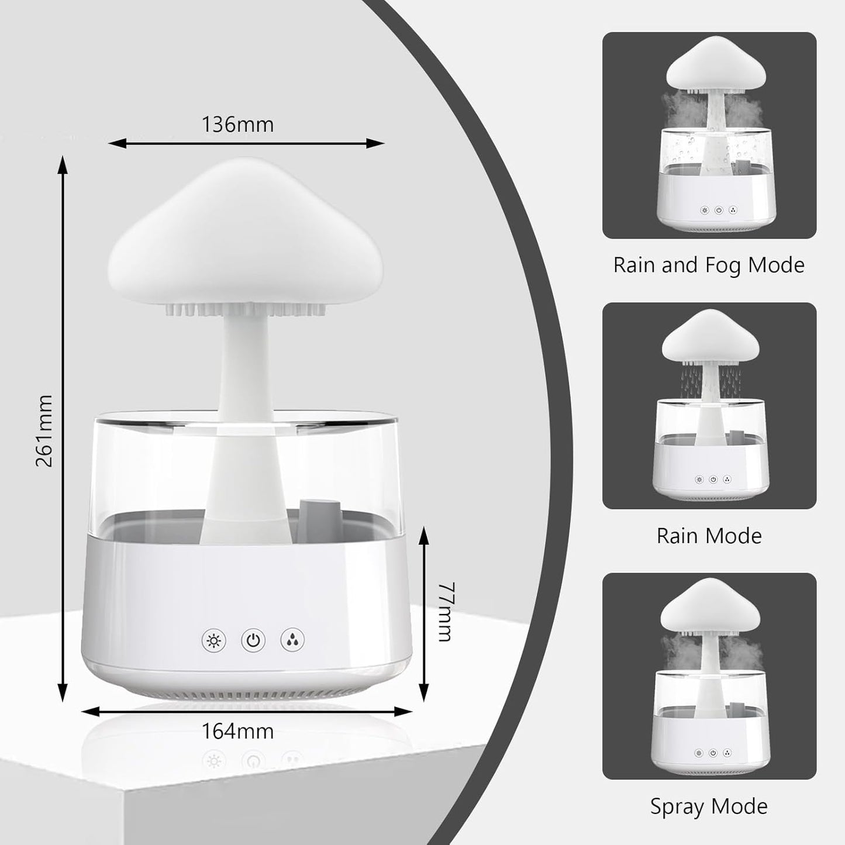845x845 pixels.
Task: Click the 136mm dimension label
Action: coord(237,125)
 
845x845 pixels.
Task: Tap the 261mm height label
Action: coord(44,430)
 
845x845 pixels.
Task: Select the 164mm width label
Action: coord(237,731)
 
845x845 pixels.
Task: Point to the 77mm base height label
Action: coord(446,612)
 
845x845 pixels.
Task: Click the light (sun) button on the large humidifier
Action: coord(213,641)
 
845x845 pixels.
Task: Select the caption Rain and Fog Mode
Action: coord(709,265)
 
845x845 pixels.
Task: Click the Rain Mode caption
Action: coord(709,536)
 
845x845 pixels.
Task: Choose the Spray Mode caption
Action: coord(709,806)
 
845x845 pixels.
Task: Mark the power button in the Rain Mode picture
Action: coord(713,480)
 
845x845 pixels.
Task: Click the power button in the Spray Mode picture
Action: coord(712,753)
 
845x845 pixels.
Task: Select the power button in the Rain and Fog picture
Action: coord(719,211)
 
